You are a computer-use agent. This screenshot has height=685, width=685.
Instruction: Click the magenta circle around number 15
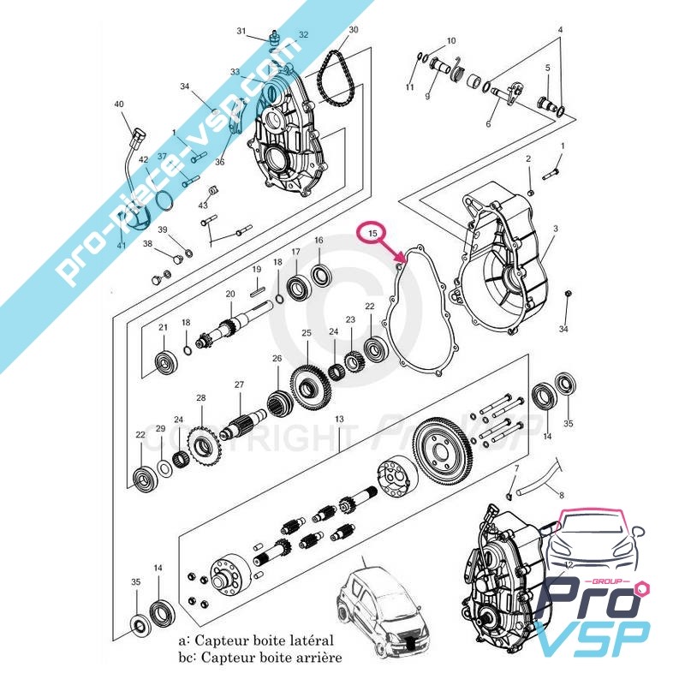pyautogui.click(x=372, y=233)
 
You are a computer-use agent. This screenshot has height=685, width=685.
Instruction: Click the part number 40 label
pyautogui.click(x=119, y=105)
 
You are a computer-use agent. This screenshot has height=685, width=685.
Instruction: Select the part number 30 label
pyautogui.click(x=353, y=29)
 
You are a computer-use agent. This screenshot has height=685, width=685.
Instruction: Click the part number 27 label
pyautogui.click(x=240, y=385)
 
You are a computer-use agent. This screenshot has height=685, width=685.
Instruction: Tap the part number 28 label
pyautogui.click(x=201, y=398)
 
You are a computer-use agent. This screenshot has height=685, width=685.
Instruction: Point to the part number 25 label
pyautogui.click(x=306, y=332)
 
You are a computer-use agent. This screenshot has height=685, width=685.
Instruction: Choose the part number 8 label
pyautogui.click(x=562, y=495)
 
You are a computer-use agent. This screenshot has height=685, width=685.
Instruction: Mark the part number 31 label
pyautogui.click(x=241, y=32)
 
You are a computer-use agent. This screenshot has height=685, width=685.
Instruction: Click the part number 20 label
pyautogui.click(x=229, y=294)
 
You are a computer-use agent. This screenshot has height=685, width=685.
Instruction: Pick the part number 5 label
pyautogui.click(x=547, y=68)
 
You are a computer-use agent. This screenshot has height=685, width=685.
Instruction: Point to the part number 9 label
pyautogui.click(x=426, y=97)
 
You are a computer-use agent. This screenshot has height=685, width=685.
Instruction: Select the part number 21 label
pyautogui.click(x=163, y=328)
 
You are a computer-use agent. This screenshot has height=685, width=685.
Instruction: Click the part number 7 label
pyautogui.click(x=516, y=468)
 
